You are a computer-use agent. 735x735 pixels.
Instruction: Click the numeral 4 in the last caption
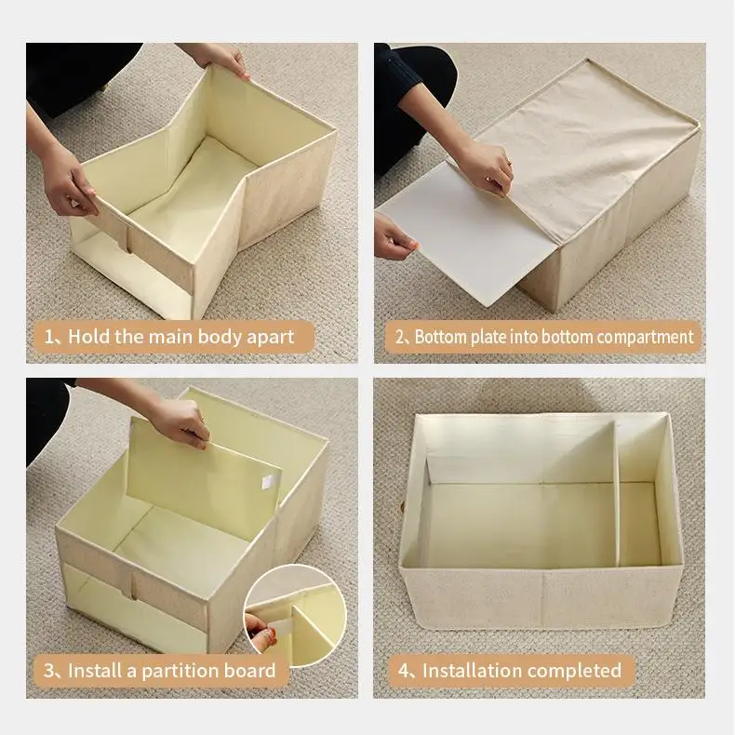pos(404,671)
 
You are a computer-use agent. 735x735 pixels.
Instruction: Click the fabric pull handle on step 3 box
pos(134,587)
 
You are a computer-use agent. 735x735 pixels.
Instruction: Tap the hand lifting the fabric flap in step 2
pos(488,167)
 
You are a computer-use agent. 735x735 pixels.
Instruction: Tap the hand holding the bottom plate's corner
pos(393,239)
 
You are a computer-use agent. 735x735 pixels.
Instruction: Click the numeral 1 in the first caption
pos(48,337)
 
